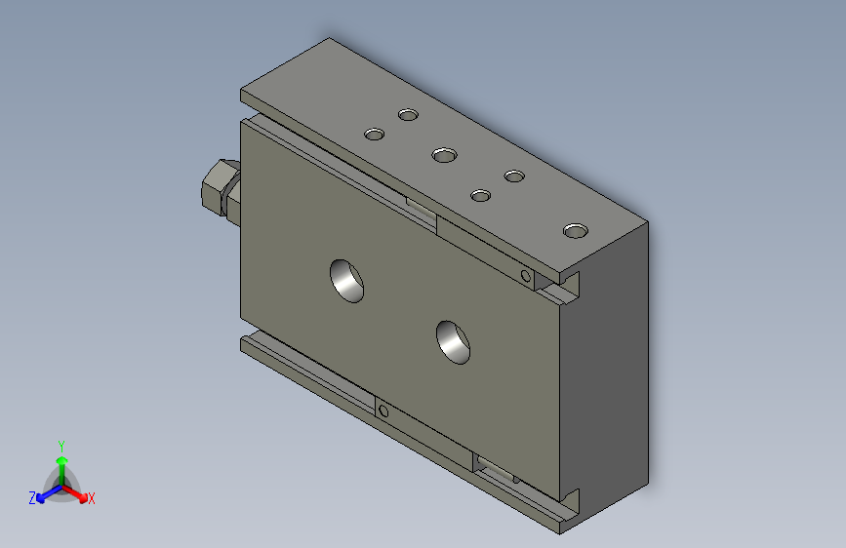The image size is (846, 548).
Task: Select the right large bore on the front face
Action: coord(454,341)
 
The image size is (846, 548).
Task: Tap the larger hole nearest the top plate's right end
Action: coord(576,231)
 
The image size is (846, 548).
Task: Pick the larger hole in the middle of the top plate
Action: coord(445,154)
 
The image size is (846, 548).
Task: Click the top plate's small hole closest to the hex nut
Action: coord(373,134)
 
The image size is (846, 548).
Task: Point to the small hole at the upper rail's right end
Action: coord(527,277)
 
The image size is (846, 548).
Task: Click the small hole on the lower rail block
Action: coord(383,412)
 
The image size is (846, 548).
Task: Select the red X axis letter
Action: coord(92,498)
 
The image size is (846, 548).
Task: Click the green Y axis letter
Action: coord(61,444)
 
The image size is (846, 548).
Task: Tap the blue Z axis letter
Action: coord(32,497)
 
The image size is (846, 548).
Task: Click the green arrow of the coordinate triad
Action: coord(61,462)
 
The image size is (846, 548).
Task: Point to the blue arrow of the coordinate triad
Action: coord(44,494)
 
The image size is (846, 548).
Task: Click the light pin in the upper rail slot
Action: coord(422,208)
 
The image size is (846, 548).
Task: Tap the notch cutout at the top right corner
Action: coord(565,289)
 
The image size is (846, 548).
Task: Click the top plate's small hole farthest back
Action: coord(408,115)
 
